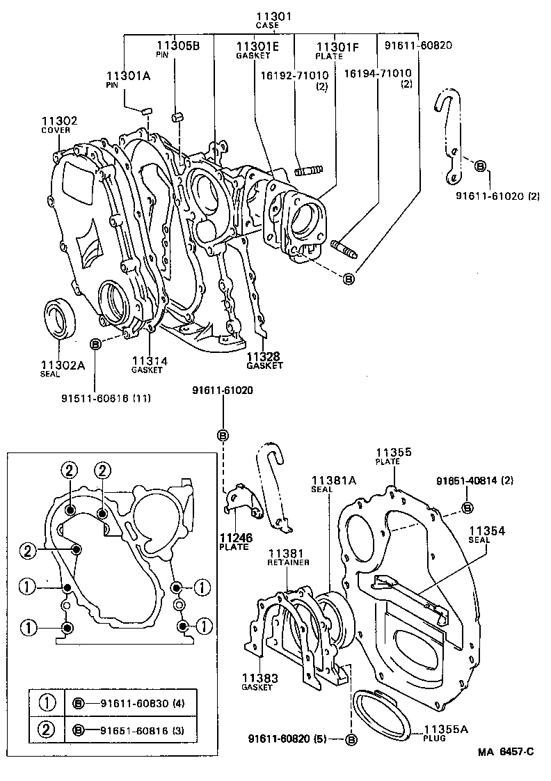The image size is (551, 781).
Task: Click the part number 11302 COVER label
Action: click(59, 124)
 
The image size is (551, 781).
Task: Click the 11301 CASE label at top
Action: click(266, 19)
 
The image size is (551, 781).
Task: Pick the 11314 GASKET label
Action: click(147, 364)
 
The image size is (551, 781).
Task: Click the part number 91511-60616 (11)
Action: click(106, 397)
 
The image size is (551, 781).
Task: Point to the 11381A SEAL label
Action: click(333, 483)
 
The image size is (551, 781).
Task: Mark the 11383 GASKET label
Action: click(260, 681)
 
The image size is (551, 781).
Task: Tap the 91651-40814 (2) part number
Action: click(474, 481)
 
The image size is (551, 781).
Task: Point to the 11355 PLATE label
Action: click(394, 456)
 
